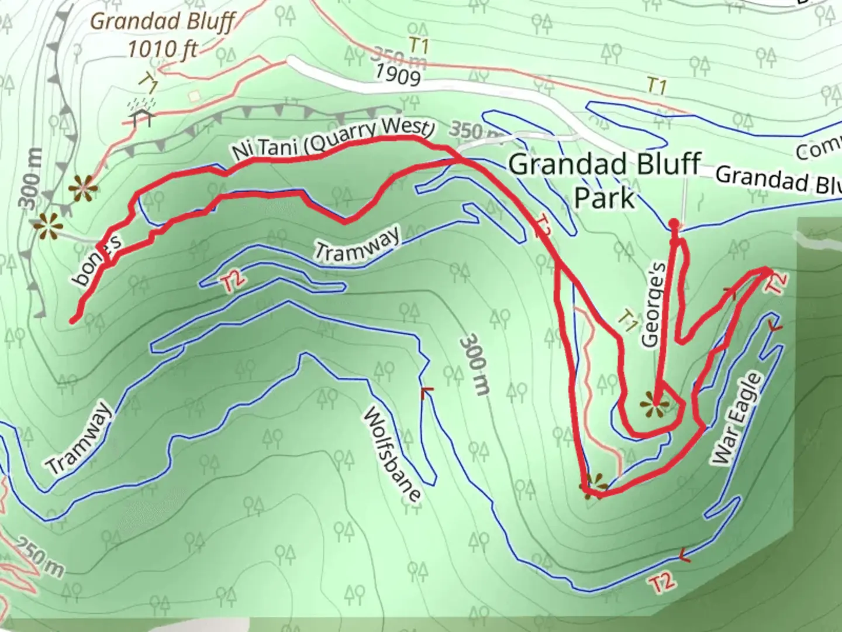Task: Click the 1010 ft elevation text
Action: (x=163, y=49)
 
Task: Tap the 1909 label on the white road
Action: (x=397, y=74)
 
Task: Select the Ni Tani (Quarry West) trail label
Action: (x=333, y=141)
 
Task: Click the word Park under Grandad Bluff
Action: (x=604, y=198)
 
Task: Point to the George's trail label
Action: (x=653, y=305)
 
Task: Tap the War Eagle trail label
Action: (x=738, y=420)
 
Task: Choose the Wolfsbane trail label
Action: (x=392, y=455)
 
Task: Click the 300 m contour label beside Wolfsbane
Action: (x=474, y=364)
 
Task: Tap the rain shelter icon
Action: (x=143, y=112)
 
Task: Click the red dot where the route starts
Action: (x=674, y=224)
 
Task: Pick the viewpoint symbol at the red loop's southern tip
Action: (x=593, y=483)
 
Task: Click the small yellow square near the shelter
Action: (x=194, y=95)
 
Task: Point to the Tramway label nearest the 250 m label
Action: (x=79, y=438)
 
